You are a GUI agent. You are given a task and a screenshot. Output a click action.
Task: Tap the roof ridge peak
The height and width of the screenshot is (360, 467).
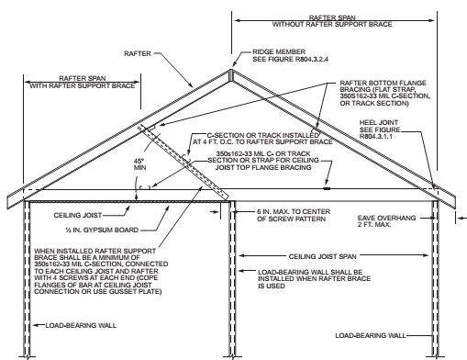229,69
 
